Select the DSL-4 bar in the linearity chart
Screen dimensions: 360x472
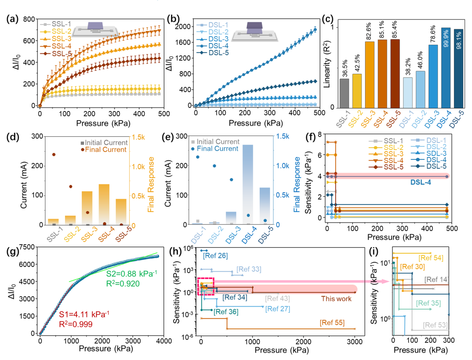[x=446, y=68]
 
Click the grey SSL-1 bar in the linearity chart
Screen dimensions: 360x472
[x=344, y=93]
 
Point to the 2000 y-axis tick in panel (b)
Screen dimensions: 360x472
[x=186, y=26]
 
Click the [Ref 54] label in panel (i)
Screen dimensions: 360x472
[x=431, y=258]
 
